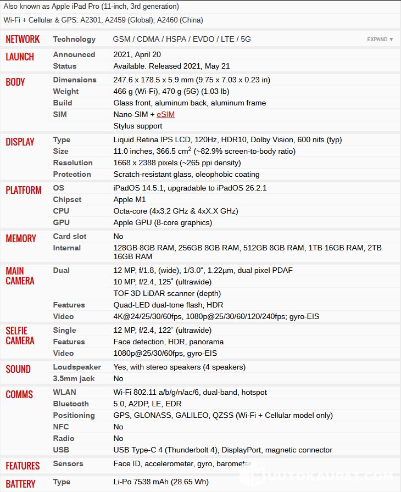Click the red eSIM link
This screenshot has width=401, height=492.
pos(165,114)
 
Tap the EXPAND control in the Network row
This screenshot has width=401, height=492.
pos(380,40)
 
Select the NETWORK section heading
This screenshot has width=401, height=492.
pos(23,39)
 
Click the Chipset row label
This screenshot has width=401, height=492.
pos(67,199)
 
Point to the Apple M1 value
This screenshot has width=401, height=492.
pos(130,199)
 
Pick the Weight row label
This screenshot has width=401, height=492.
pos(66,91)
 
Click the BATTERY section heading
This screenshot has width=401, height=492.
pos(20,484)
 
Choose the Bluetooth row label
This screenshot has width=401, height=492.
pos(71,404)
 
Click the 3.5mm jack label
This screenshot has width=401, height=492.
pos(74,378)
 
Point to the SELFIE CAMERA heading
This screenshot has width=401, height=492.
pos(20,336)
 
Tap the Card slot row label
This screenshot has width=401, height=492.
pos(70,236)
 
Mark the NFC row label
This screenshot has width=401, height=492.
pos(61,427)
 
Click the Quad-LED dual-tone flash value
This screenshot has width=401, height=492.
pos(168,305)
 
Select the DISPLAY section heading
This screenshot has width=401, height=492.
pos(20,142)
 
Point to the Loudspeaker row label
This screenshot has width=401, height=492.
pos(77,367)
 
